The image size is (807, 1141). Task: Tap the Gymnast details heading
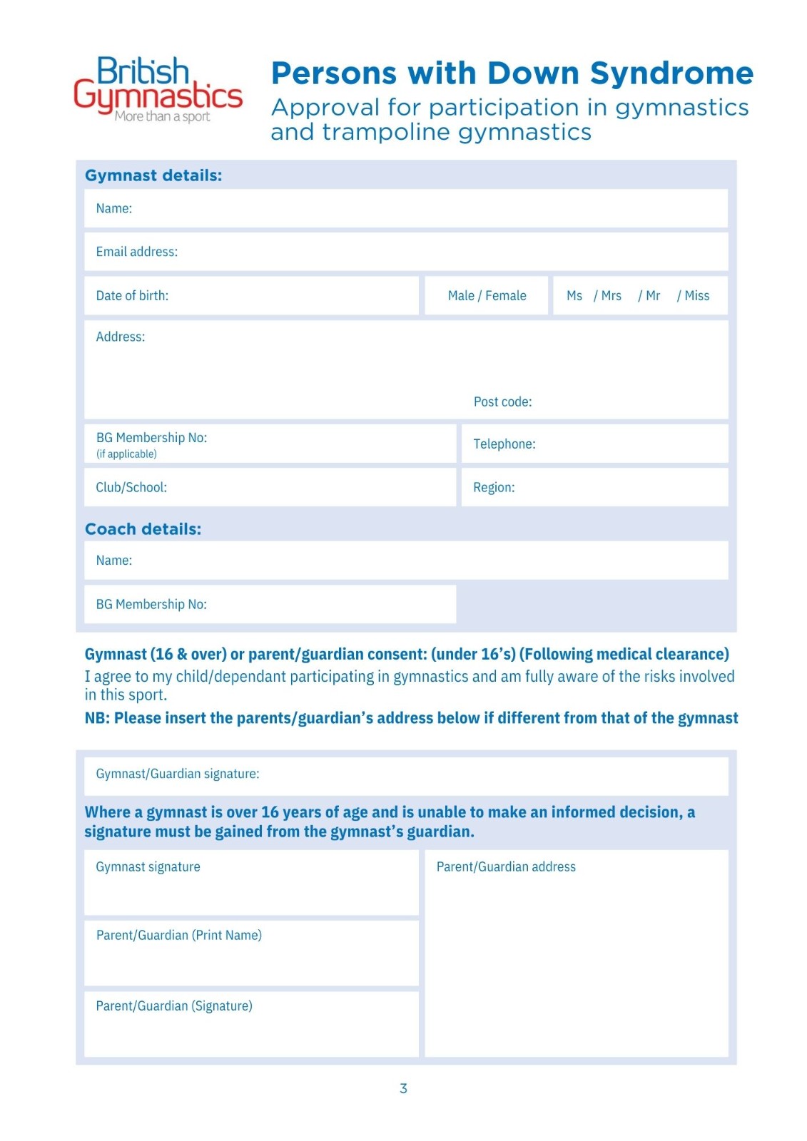click(153, 175)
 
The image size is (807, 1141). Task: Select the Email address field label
click(137, 252)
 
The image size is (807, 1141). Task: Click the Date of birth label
click(132, 296)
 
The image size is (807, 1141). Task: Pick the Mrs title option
click(611, 296)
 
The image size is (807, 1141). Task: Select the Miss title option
click(696, 296)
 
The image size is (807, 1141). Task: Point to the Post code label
click(502, 402)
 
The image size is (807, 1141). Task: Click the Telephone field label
click(504, 444)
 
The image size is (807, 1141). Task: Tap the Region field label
click(494, 488)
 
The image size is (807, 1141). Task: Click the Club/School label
click(131, 488)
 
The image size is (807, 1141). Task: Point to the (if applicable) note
click(126, 454)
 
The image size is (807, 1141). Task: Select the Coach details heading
click(143, 529)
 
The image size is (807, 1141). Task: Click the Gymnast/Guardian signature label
click(178, 774)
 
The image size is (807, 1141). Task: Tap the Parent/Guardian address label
click(506, 867)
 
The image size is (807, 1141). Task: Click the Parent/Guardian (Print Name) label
click(179, 936)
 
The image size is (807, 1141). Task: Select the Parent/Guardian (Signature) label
click(174, 1006)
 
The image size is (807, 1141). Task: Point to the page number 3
click(403, 1088)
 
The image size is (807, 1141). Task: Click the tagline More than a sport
click(163, 117)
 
